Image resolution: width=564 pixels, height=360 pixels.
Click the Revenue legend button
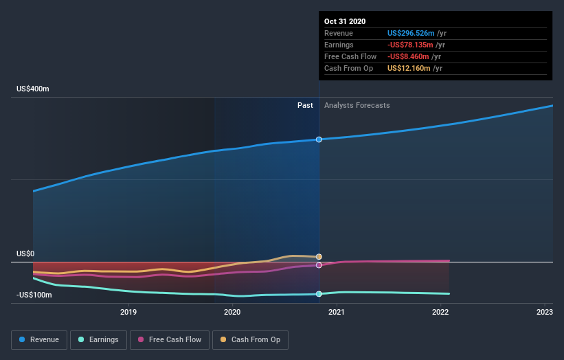click(40, 339)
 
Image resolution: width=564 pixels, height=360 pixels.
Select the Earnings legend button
click(98, 339)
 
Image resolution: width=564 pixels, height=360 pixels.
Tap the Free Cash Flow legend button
click(170, 339)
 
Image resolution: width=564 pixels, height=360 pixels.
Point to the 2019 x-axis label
click(128, 313)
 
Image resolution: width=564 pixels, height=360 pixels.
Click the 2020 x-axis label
click(232, 313)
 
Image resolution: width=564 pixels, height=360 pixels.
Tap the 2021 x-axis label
click(337, 313)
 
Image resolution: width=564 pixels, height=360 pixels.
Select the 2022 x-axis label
click(440, 313)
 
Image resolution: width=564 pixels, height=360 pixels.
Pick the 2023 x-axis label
click(545, 313)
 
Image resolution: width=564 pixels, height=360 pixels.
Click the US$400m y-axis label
click(34, 89)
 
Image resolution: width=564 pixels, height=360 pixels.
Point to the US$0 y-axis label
click(25, 254)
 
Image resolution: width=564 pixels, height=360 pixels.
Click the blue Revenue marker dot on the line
click(319, 139)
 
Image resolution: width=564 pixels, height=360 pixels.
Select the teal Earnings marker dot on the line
click(319, 294)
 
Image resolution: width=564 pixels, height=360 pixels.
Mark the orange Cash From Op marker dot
click(319, 257)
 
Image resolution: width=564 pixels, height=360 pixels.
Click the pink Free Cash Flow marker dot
click(319, 265)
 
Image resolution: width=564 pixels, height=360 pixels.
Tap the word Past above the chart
click(305, 106)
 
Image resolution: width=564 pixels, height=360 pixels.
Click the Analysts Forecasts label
click(357, 106)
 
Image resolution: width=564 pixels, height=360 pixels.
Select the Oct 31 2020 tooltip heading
click(346, 21)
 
